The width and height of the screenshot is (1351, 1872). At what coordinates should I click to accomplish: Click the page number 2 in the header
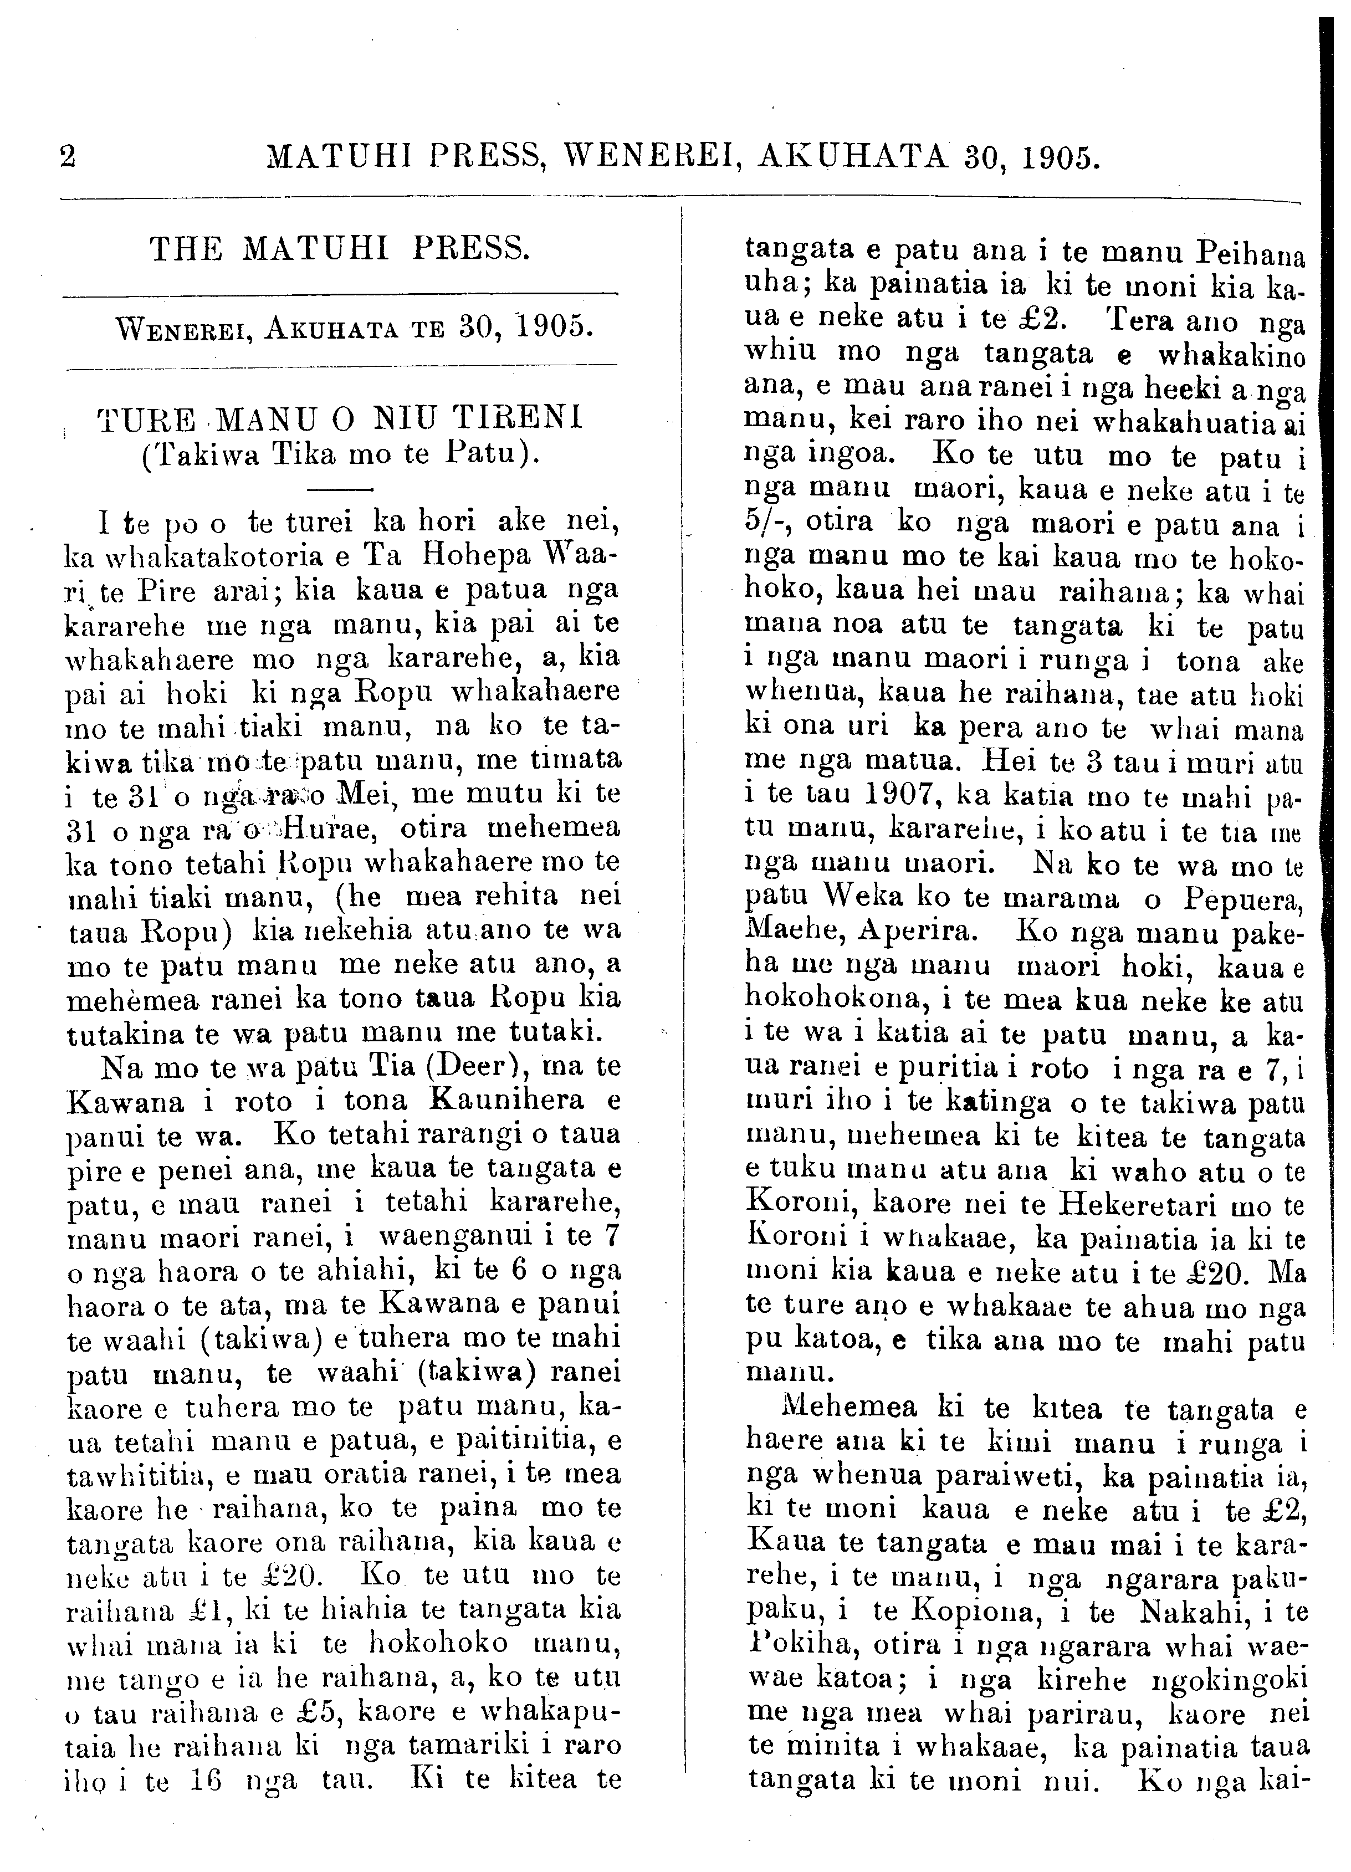(x=68, y=156)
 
